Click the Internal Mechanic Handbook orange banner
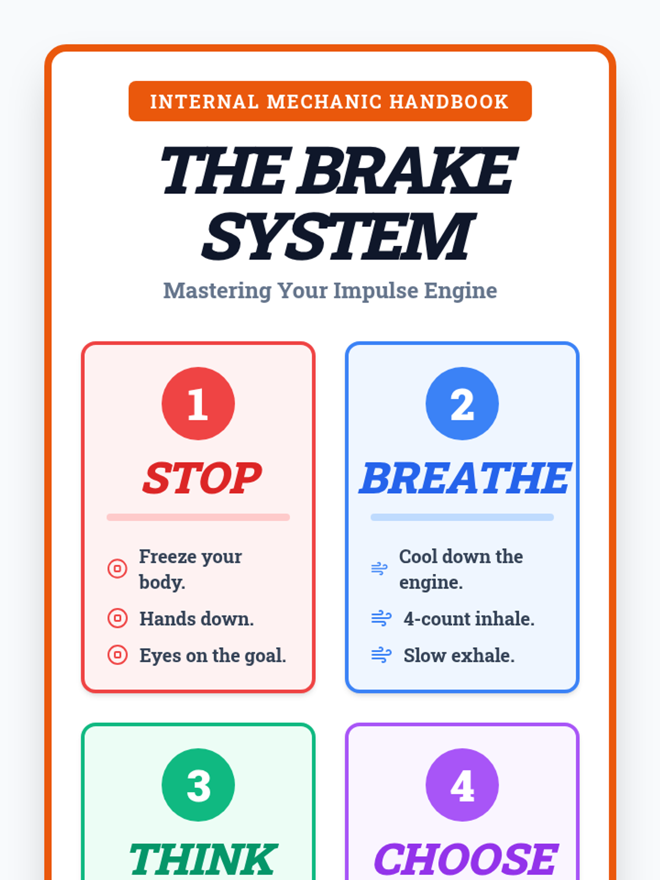330,101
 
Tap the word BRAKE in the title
406,170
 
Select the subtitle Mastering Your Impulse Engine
330,290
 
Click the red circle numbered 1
199,403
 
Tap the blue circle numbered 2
462,403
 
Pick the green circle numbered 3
199,785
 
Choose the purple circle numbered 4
462,785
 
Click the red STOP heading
202,477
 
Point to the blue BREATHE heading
465,477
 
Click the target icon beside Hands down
117,618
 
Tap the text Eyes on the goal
212,656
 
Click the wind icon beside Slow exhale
381,654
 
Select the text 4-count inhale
469,619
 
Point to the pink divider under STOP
199,517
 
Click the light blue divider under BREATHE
462,517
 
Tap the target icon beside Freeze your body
117,569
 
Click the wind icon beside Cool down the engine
379,569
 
